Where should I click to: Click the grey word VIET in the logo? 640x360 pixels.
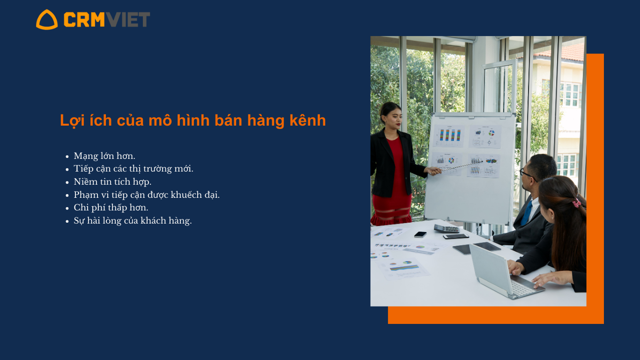(x=127, y=19)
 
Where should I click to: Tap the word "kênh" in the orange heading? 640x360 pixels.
(x=308, y=120)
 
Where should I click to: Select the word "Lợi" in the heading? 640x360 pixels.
(x=72, y=120)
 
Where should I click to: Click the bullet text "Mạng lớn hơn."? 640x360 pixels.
(x=104, y=156)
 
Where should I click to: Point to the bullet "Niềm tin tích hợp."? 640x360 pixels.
(x=112, y=181)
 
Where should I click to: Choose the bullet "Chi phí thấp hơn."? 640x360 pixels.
(x=111, y=208)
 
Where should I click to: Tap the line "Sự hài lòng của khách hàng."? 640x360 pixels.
(x=133, y=221)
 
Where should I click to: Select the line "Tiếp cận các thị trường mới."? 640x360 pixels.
(x=134, y=169)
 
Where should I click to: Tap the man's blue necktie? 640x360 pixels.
(x=526, y=213)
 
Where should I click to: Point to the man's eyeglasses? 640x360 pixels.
(x=527, y=174)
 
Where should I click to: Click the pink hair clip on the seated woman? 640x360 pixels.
(x=577, y=203)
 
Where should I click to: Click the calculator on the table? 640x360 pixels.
(x=447, y=228)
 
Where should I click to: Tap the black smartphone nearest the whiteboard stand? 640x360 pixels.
(x=420, y=234)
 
